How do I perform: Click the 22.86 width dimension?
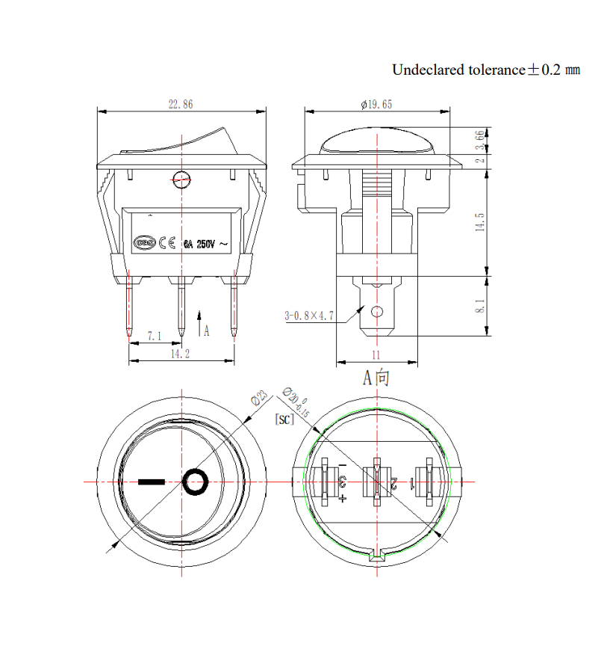click(180, 105)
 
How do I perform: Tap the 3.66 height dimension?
click(480, 140)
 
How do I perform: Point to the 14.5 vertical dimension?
click(480, 222)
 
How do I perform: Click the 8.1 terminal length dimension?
click(480, 306)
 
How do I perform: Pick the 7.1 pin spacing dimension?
click(154, 336)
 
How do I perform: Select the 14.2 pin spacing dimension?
click(180, 354)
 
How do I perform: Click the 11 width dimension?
click(376, 355)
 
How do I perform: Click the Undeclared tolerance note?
click(486, 70)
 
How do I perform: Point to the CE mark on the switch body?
click(167, 243)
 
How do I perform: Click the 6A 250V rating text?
click(199, 244)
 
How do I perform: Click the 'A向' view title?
click(376, 378)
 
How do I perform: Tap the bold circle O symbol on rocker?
click(196, 482)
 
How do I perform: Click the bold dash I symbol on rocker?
click(151, 482)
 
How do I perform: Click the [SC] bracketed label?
click(284, 419)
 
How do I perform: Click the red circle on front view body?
click(181, 179)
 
